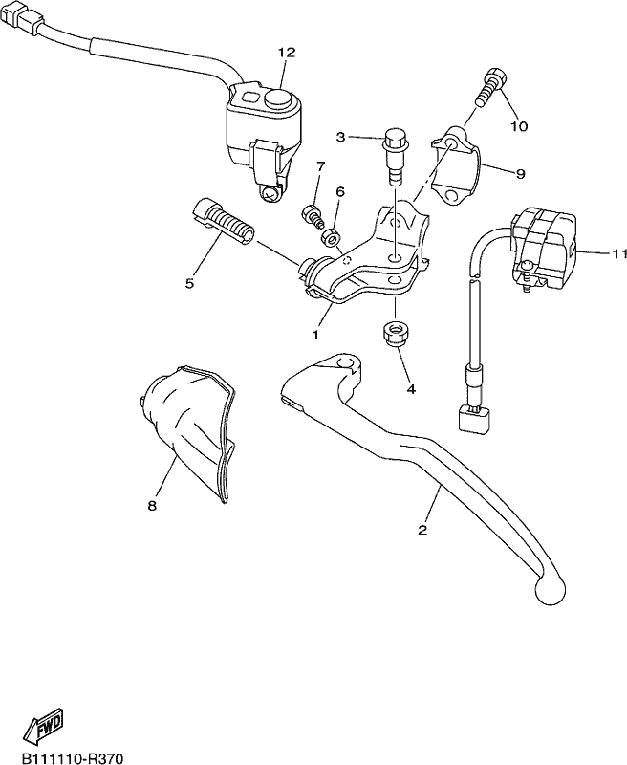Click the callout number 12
coord(287,54)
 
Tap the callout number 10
coord(519,126)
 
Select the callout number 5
coord(189,283)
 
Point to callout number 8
coord(152,507)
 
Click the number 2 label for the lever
coord(422,530)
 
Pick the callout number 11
coord(619,252)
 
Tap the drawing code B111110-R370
coord(68,757)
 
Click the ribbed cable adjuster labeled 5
coord(222,222)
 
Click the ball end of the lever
coord(550,590)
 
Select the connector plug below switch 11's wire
coord(474,419)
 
